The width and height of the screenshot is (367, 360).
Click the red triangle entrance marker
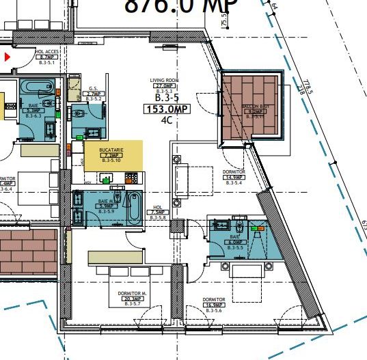point(8,57)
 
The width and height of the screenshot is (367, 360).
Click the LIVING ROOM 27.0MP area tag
point(164,85)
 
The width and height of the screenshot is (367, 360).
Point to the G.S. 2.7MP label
point(94,94)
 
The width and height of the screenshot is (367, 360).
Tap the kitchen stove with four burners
point(130,179)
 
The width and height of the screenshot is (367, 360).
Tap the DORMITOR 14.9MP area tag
point(234,177)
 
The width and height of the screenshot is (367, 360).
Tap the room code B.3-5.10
point(111,161)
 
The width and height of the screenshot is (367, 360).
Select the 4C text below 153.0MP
point(165,121)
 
